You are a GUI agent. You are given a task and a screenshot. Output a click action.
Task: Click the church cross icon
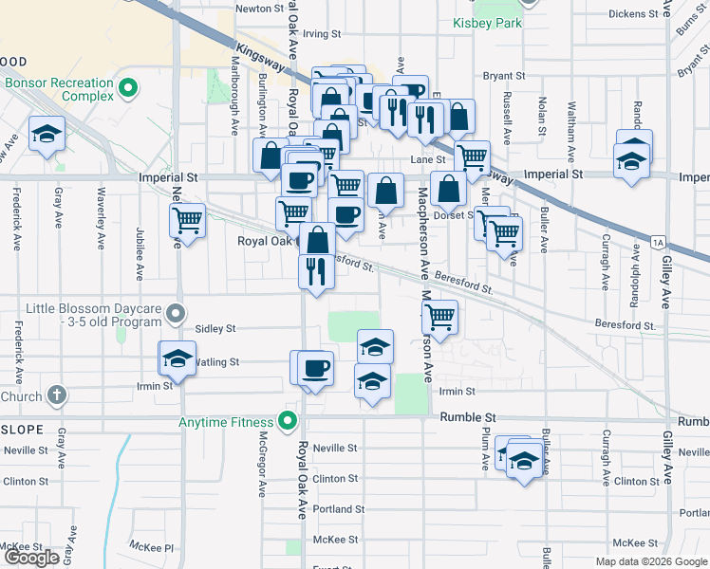pyautogui.click(x=56, y=395)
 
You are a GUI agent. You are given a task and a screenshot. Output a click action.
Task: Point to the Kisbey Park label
pyautogui.click(x=488, y=23)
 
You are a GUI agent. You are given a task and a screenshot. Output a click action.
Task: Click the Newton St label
pyautogui.click(x=259, y=9)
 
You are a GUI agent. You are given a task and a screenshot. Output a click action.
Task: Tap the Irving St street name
pyautogui.click(x=322, y=34)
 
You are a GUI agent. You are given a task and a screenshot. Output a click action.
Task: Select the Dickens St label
pyautogui.click(x=633, y=14)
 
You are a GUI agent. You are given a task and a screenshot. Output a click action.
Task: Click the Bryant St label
pyautogui.click(x=504, y=76)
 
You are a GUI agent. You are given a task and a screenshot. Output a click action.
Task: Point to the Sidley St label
pyautogui.click(x=215, y=328)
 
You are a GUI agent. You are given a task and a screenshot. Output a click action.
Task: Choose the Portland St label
pyautogui.click(x=340, y=509)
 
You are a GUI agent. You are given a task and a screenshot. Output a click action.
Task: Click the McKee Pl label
pyautogui.click(x=155, y=547)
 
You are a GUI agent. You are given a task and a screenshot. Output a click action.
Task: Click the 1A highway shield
pyautogui.click(x=659, y=243)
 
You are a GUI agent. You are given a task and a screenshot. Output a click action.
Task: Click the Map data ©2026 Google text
pyautogui.click(x=650, y=561)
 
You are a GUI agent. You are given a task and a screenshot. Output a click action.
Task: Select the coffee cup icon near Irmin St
pyautogui.click(x=315, y=368)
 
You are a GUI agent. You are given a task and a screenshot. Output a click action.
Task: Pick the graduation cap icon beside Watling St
pyautogui.click(x=176, y=358)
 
